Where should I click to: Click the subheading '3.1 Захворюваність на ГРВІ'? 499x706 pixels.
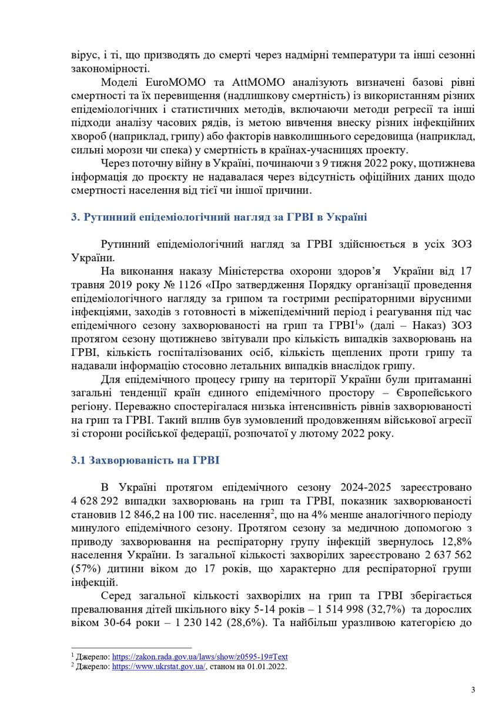[145, 461]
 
